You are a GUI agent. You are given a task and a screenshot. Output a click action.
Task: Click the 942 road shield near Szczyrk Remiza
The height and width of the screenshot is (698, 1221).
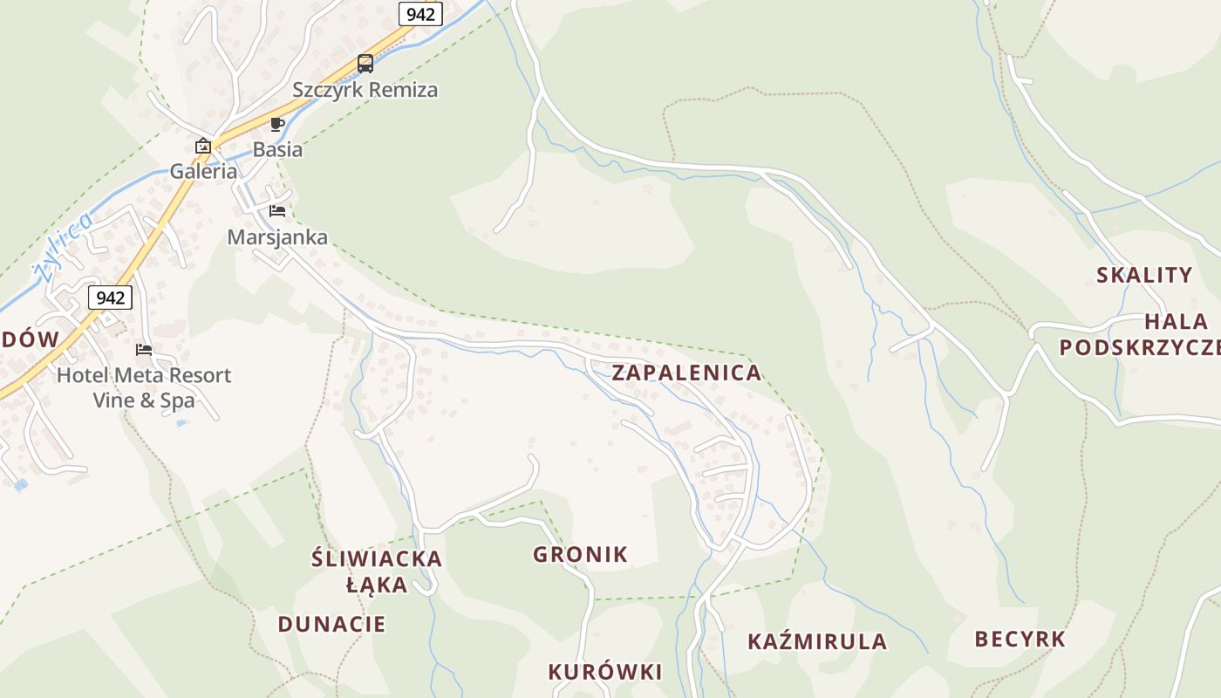pyautogui.click(x=421, y=14)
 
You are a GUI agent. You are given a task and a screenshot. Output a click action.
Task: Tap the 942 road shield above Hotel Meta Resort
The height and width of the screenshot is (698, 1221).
pyautogui.click(x=110, y=298)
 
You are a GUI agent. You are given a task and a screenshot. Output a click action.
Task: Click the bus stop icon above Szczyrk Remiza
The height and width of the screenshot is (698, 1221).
pyautogui.click(x=365, y=64)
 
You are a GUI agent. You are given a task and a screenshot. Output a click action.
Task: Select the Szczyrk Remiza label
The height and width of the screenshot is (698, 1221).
pyautogui.click(x=365, y=90)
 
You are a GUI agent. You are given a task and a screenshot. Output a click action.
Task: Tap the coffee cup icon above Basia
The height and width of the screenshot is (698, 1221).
pyautogui.click(x=277, y=124)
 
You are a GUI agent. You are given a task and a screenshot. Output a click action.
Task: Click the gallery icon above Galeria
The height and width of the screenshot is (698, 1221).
pyautogui.click(x=203, y=146)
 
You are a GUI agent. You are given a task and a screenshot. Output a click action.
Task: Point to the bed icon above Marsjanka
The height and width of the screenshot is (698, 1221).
pyautogui.click(x=277, y=211)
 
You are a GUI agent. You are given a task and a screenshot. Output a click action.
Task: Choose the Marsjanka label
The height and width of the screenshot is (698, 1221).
pyautogui.click(x=277, y=237)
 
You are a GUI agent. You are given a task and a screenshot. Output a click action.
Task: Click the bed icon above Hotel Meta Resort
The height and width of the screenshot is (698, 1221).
pyautogui.click(x=144, y=350)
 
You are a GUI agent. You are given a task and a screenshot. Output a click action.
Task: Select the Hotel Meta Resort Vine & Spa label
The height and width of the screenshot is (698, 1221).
pyautogui.click(x=144, y=388)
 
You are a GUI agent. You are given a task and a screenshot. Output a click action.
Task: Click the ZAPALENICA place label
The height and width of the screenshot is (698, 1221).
pyautogui.click(x=686, y=373)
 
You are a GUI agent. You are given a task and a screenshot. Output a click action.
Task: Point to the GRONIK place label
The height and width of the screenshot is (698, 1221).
pyautogui.click(x=580, y=555)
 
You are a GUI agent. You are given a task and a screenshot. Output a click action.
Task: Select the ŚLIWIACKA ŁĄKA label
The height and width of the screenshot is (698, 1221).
pyautogui.click(x=377, y=571)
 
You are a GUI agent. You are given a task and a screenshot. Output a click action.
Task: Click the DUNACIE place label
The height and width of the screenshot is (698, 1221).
pyautogui.click(x=331, y=625)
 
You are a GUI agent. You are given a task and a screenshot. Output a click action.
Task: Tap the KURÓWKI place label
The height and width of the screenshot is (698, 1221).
pyautogui.click(x=604, y=672)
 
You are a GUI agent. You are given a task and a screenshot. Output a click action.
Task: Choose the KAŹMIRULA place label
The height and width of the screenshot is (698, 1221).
pyautogui.click(x=817, y=642)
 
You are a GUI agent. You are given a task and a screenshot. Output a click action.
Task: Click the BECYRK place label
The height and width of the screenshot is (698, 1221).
pyautogui.click(x=1020, y=640)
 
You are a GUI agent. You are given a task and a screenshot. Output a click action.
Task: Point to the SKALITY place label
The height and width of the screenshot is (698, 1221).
pyautogui.click(x=1143, y=276)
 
